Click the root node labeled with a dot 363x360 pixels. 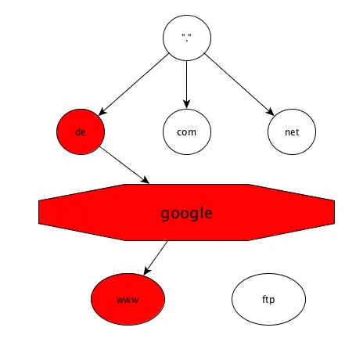click(x=187, y=38)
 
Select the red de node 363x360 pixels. click(x=81, y=131)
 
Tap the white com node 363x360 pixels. click(x=187, y=131)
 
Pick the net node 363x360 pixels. click(x=292, y=131)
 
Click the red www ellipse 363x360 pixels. click(x=128, y=299)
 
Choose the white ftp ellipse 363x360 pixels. click(x=268, y=299)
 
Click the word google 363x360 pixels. click(x=186, y=214)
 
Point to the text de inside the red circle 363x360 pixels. click(x=81, y=131)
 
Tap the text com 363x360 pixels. click(x=186, y=132)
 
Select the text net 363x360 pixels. click(x=292, y=132)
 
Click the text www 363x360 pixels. click(x=128, y=300)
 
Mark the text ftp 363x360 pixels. click(x=268, y=300)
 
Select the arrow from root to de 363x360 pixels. click(x=134, y=85)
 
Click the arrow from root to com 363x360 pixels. click(x=186, y=85)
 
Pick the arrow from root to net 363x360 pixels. click(x=239, y=85)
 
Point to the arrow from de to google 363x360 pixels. click(x=124, y=165)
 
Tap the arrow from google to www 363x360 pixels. click(x=156, y=258)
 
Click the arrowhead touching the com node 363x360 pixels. click(x=186, y=104)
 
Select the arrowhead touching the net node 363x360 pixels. click(x=270, y=111)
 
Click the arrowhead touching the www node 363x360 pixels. click(x=147, y=271)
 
